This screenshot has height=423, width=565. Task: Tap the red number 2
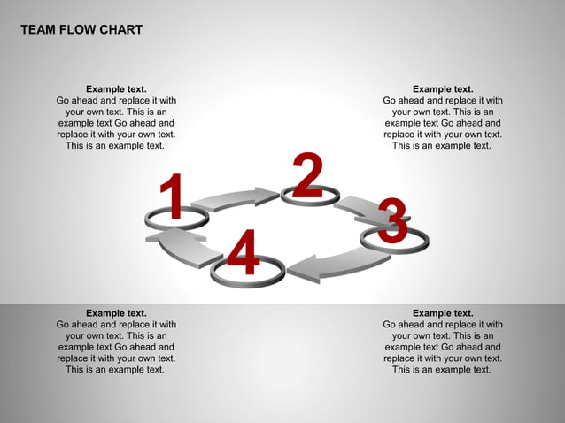pyautogui.click(x=306, y=175)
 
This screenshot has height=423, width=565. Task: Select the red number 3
pyautogui.click(x=392, y=221)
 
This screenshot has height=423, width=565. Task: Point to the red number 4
pyautogui.click(x=243, y=252)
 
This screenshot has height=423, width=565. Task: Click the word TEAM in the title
pyautogui.click(x=38, y=30)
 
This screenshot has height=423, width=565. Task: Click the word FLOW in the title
pyautogui.click(x=81, y=30)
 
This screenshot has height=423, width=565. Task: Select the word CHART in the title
pyautogui.click(x=123, y=30)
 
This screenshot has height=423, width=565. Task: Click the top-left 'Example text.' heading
pyautogui.click(x=116, y=88)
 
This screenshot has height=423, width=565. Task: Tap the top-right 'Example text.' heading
pyautogui.click(x=443, y=88)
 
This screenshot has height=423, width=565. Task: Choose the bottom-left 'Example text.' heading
pyautogui.click(x=116, y=313)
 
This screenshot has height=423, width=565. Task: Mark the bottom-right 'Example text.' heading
pyautogui.click(x=443, y=313)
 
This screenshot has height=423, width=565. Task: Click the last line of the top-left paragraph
pyautogui.click(x=115, y=146)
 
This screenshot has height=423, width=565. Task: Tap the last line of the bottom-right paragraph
pyautogui.click(x=442, y=370)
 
